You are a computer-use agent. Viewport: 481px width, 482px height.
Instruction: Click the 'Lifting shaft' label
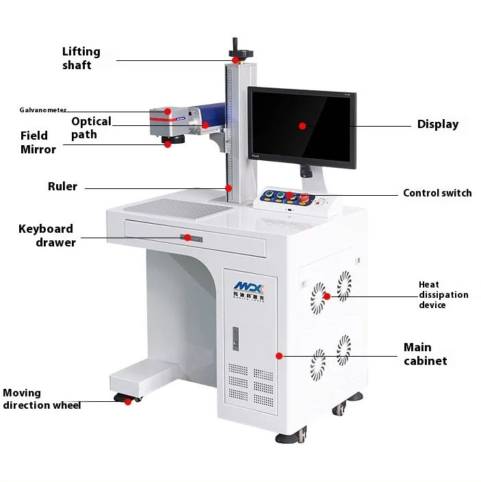(x=81, y=58)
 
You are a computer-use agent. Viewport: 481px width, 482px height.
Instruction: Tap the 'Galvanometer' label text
(x=42, y=110)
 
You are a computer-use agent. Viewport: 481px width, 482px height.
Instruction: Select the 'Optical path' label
(x=90, y=127)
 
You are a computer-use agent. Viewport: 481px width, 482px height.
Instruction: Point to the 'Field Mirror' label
(x=38, y=142)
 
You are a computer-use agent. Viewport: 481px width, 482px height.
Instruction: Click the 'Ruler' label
(x=62, y=186)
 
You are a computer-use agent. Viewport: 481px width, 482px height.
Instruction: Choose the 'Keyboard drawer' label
(x=47, y=235)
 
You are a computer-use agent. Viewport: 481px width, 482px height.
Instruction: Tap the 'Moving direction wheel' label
(x=42, y=399)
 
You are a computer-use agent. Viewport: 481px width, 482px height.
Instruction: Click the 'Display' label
(x=438, y=125)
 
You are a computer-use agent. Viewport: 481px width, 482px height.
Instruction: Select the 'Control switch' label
(x=437, y=193)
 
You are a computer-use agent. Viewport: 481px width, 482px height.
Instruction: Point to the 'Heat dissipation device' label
(x=443, y=294)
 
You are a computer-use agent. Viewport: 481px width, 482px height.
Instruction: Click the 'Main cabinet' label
(x=425, y=354)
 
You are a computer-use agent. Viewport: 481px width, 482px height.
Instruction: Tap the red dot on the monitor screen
(x=302, y=125)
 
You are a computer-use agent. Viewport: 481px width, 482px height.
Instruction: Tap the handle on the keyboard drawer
(x=191, y=238)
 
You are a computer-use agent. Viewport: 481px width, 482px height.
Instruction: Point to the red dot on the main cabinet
(x=279, y=355)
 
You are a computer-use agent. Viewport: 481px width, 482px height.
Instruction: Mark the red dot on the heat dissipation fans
(x=327, y=296)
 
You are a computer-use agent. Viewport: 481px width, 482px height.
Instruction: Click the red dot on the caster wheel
(x=127, y=402)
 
